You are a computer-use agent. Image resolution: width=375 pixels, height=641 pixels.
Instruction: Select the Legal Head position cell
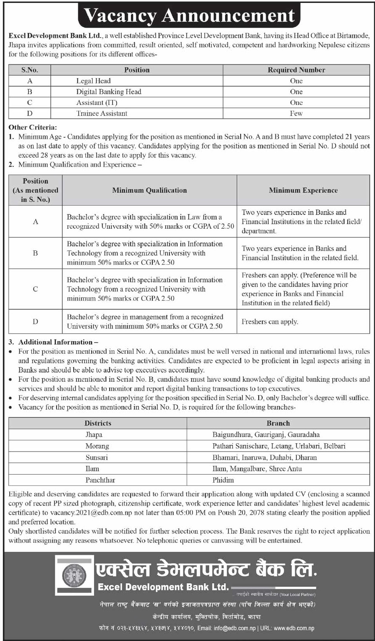[93, 81]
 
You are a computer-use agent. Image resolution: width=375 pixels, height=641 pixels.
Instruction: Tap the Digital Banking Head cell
[108, 92]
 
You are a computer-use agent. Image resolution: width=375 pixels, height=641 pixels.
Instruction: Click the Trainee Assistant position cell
[102, 113]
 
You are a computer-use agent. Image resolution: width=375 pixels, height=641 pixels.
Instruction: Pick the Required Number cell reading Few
[296, 113]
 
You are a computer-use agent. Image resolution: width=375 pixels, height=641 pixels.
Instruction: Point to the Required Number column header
[296, 70]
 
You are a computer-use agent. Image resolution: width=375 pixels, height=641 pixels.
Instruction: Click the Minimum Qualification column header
[149, 190]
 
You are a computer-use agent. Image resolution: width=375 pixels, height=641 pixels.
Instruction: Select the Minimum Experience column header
[303, 190]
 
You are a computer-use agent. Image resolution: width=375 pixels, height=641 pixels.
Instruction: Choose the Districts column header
[98, 423]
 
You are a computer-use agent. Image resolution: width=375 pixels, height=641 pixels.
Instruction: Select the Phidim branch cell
[223, 480]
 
